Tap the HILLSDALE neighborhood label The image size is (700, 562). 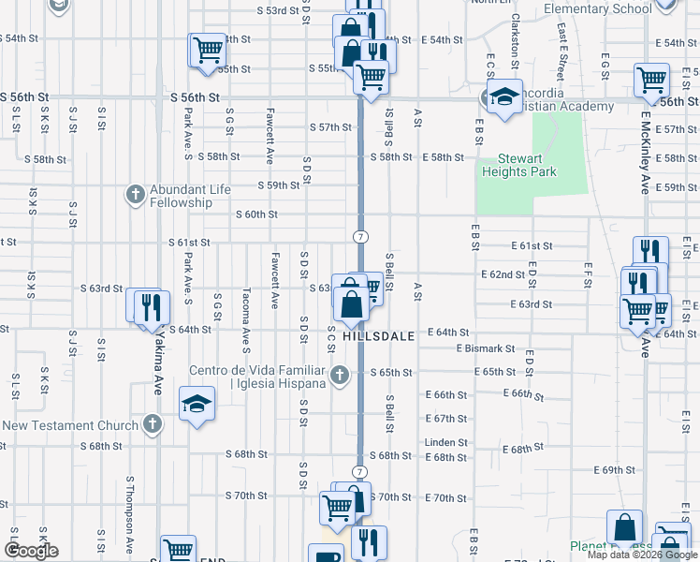(x=378, y=335)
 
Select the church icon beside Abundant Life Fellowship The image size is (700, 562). (x=135, y=195)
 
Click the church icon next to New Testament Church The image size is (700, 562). (x=152, y=425)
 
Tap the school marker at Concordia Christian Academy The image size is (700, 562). (x=503, y=96)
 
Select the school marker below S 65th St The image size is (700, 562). (x=196, y=405)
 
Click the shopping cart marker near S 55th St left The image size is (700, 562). (x=206, y=49)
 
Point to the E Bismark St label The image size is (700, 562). (x=486, y=348)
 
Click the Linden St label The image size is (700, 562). (x=445, y=442)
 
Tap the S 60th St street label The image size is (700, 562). (x=259, y=214)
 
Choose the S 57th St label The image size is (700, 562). (x=329, y=127)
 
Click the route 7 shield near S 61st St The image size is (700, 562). (x=359, y=236)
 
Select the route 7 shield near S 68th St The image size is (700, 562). (x=359, y=471)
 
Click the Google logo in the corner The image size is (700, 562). (x=31, y=551)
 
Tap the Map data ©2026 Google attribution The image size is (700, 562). (x=641, y=555)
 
